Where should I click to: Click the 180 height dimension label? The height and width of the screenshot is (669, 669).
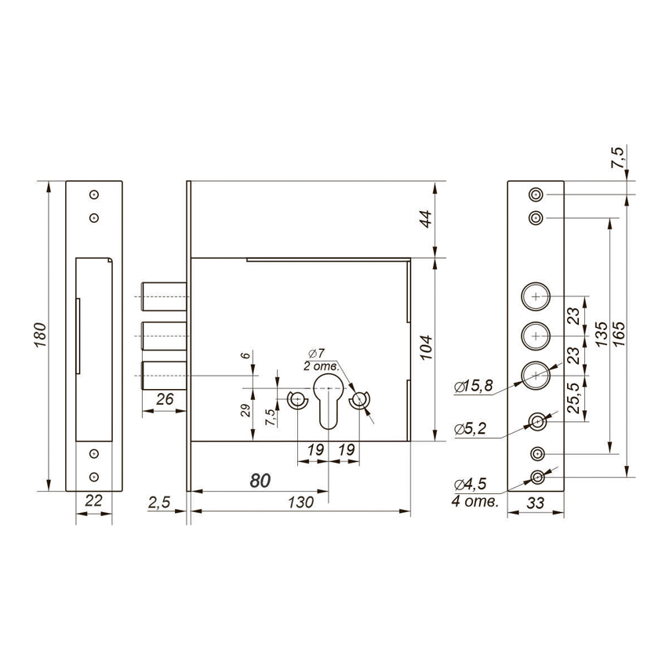coord(40,335)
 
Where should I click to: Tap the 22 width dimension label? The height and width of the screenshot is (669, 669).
coord(93,500)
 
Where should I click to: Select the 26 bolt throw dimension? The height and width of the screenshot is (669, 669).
coord(165,399)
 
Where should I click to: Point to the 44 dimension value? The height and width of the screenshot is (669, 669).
coord(426,220)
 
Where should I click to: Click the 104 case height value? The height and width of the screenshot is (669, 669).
coord(426,348)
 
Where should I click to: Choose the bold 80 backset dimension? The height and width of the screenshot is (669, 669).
coord(260,481)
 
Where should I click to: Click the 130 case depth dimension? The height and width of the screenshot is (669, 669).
coord(300,503)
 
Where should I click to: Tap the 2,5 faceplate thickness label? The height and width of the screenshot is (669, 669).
coord(159,503)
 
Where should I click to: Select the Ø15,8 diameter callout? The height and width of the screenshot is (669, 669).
coord(474,386)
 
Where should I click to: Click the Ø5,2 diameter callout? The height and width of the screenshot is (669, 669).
coord(470,429)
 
